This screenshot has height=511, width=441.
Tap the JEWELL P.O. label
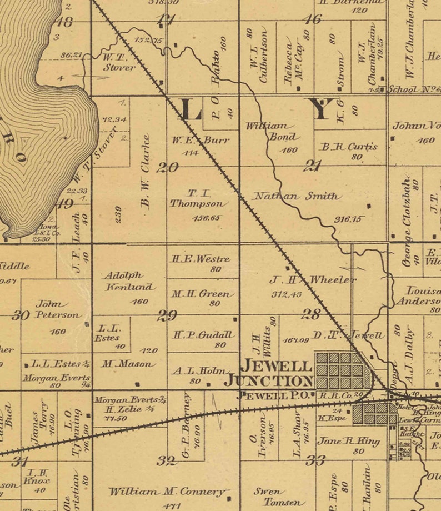[272, 395]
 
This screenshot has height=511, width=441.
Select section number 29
[167, 316]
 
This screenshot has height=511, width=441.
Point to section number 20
[167, 167]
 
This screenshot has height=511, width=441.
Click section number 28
[310, 314]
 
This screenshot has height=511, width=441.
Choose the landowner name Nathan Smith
[297, 196]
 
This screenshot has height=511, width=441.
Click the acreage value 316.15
[348, 219]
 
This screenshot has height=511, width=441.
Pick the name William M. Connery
[167, 492]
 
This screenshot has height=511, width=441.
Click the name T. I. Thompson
[199, 199]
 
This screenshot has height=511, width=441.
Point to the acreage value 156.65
[206, 218]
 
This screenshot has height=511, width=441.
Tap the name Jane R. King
[348, 442]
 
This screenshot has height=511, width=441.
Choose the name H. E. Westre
[201, 258]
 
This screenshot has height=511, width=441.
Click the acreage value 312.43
[287, 294]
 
